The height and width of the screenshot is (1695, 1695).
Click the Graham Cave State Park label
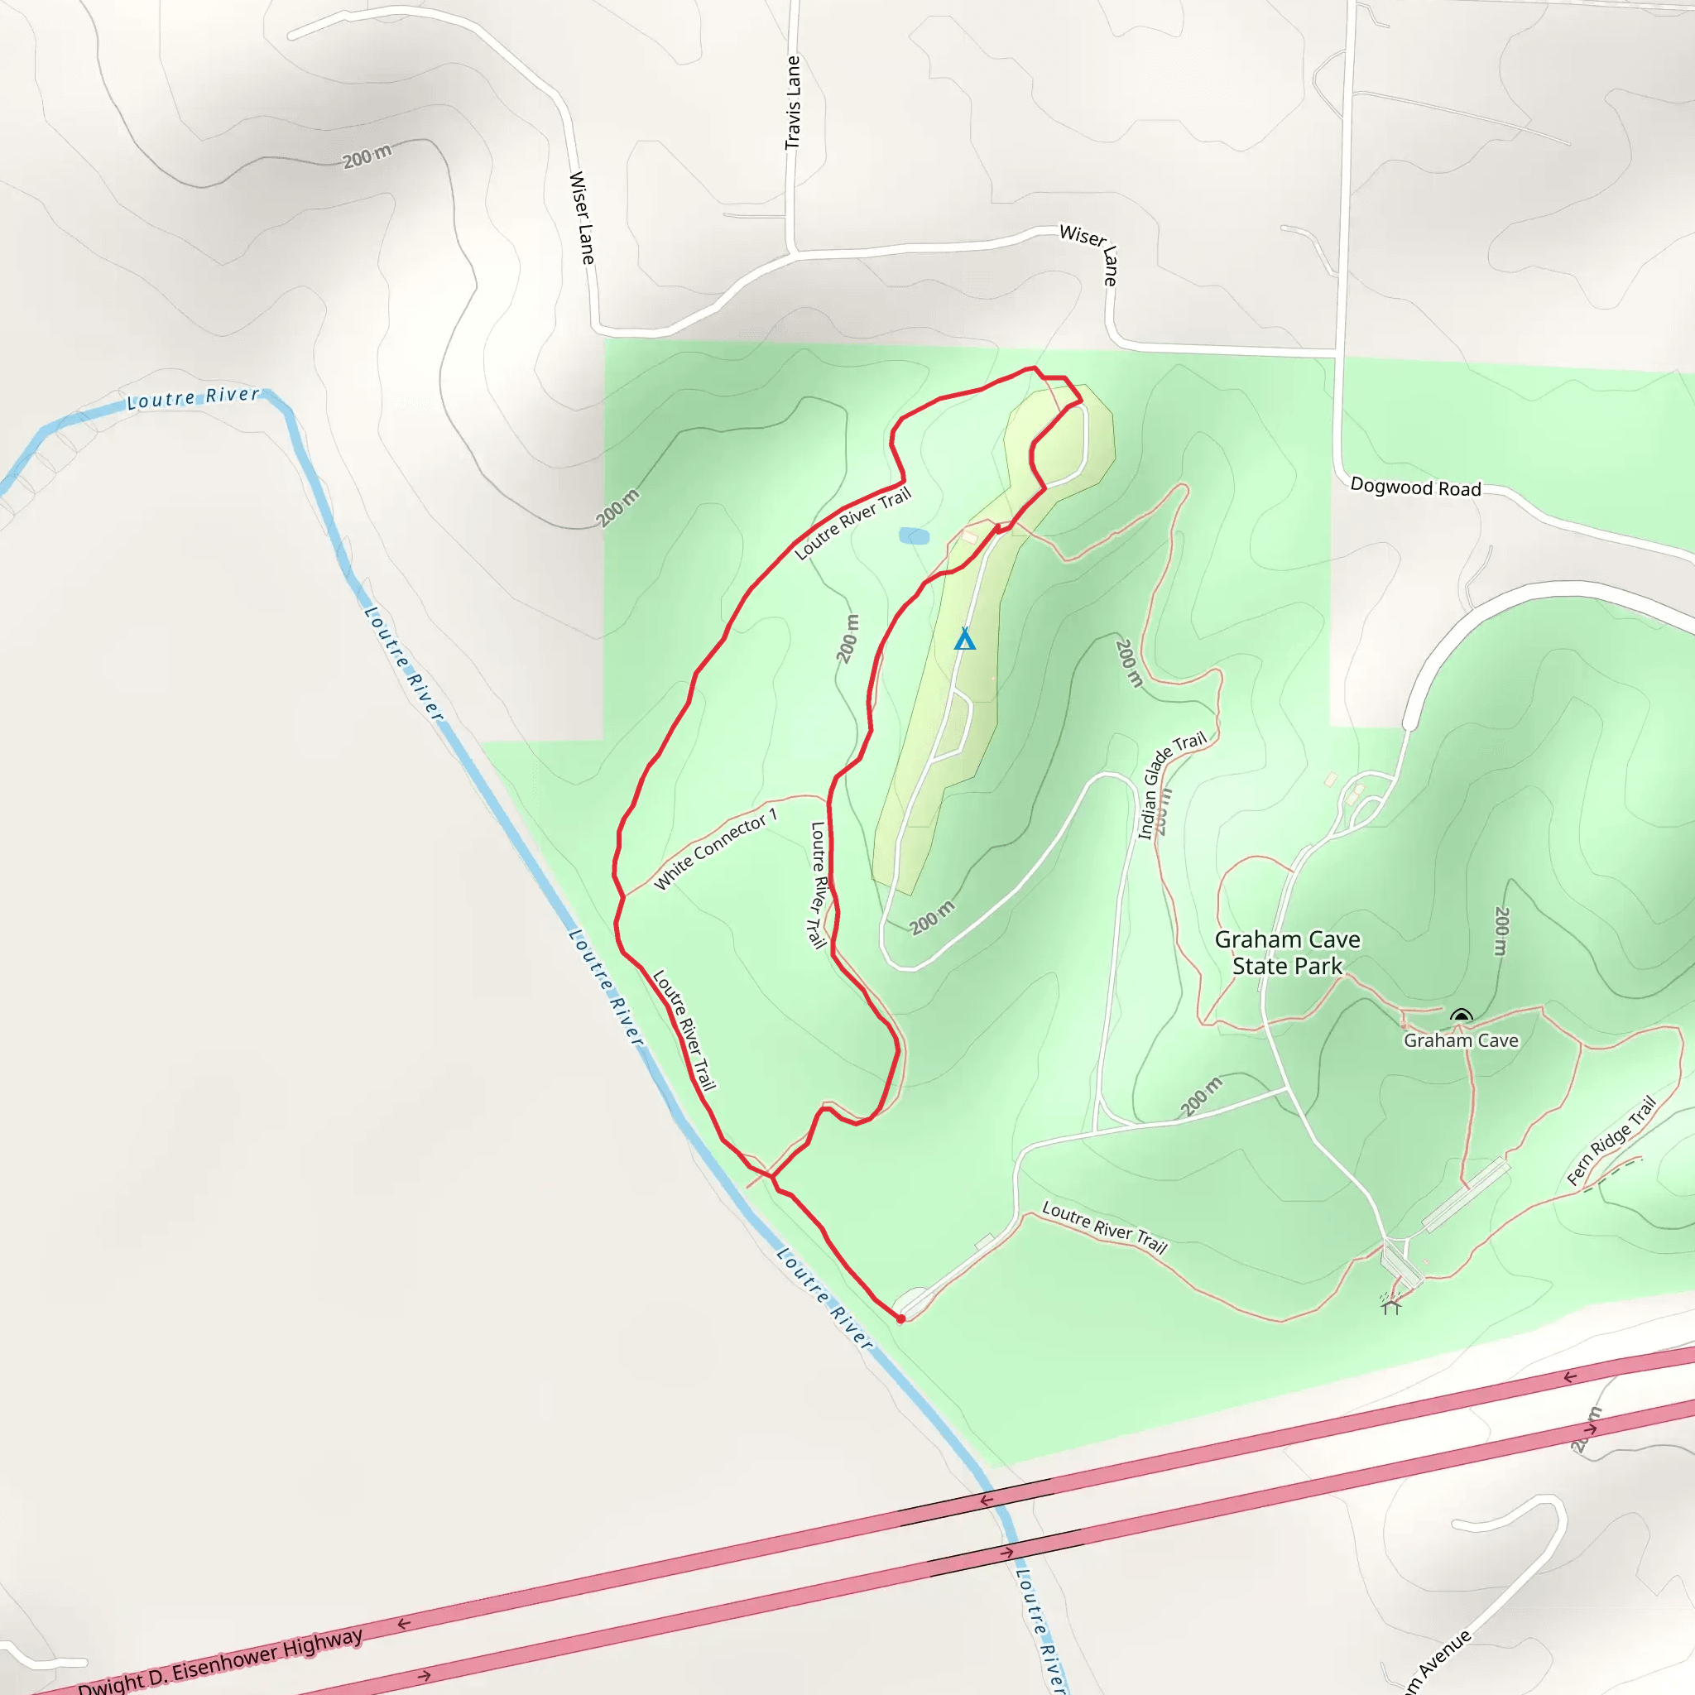[x=1286, y=953]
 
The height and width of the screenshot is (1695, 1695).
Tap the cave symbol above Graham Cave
[x=1461, y=1017]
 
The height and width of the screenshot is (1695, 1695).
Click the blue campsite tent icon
[x=964, y=639]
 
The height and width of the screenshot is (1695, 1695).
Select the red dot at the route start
[x=901, y=1318]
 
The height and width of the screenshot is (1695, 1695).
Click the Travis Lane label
[x=793, y=103]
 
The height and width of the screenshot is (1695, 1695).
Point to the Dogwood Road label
[x=1415, y=487]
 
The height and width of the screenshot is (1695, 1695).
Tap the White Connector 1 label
[x=715, y=849]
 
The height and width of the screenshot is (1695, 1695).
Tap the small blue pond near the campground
[x=914, y=536]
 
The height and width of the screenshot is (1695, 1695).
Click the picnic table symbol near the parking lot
[x=1390, y=1307]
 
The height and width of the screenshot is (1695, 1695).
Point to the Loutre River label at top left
[x=193, y=398]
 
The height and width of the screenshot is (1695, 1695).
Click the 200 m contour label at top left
[x=367, y=156]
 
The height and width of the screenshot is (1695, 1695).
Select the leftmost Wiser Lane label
[x=582, y=218]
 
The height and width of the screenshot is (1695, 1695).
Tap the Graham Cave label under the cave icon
[x=1461, y=1040]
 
